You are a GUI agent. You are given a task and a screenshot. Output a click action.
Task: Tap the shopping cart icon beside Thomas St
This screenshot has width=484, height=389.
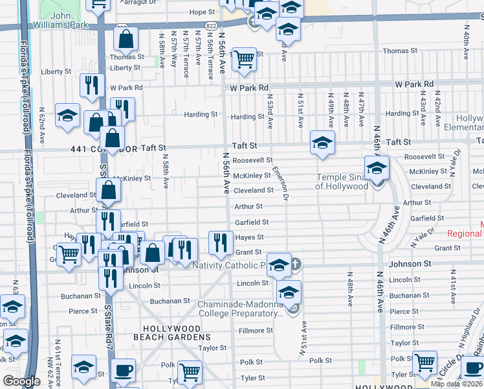pos(244,59)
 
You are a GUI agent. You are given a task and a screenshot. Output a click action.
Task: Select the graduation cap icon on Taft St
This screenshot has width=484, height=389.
pos(322,143)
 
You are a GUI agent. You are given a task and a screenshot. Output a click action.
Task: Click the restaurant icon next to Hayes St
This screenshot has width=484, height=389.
pos(221,242)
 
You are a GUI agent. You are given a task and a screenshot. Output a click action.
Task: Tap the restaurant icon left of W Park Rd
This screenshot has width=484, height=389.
pos(91,85)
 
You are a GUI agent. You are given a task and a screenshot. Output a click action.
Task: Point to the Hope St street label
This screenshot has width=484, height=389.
pos(202,12)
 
